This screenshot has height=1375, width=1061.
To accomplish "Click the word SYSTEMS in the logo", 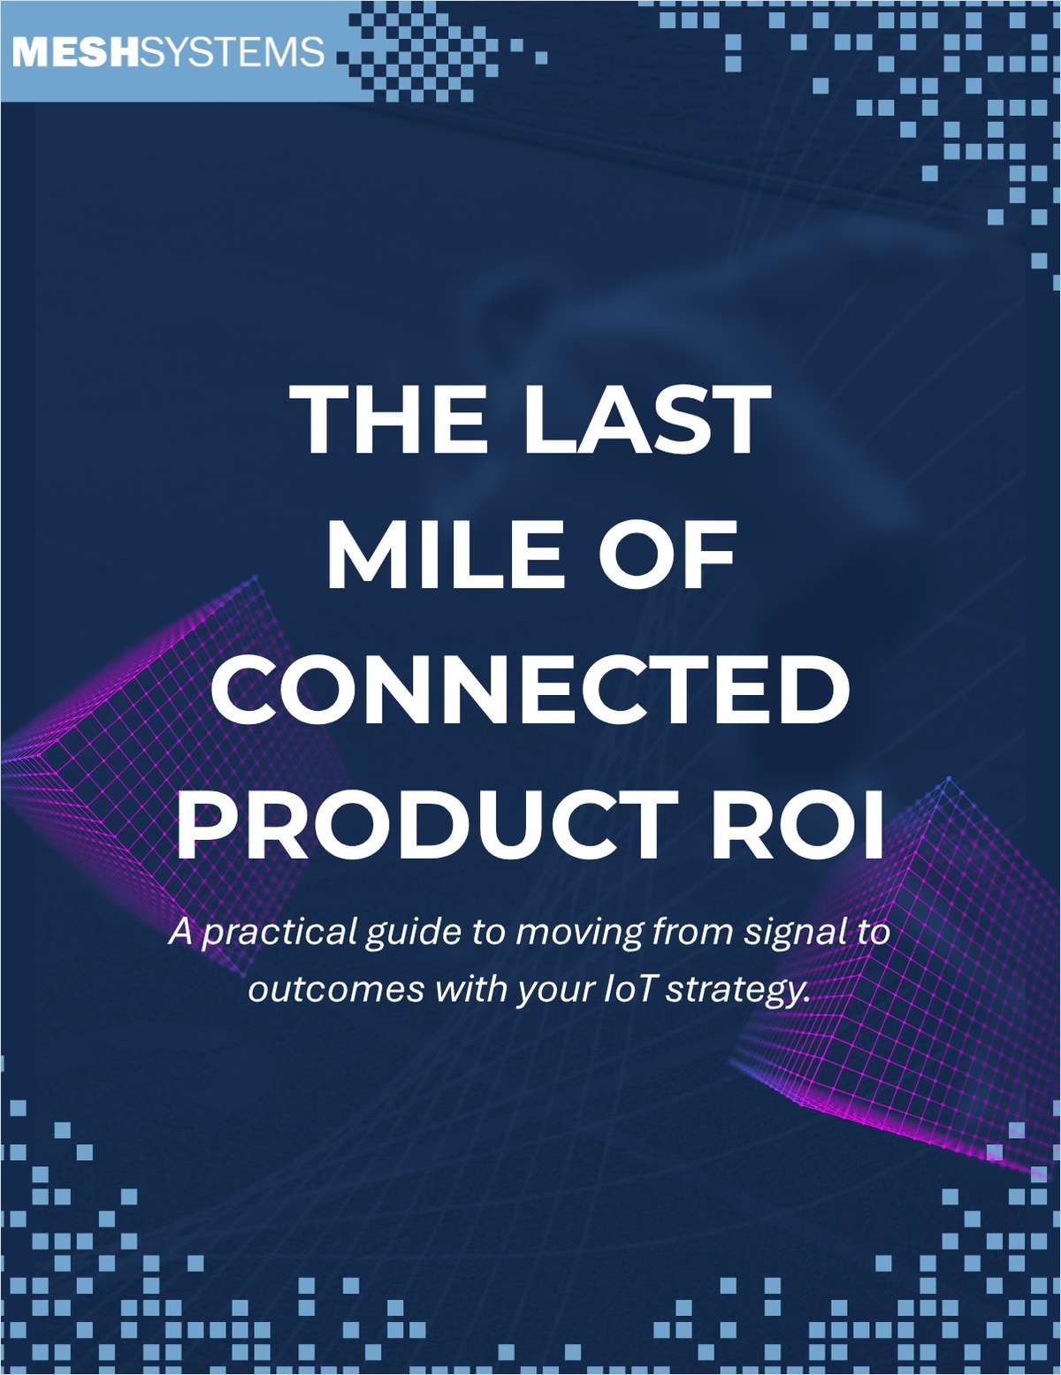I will tap(233, 52).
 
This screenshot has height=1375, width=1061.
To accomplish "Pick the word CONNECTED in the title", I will tap(530, 690).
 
